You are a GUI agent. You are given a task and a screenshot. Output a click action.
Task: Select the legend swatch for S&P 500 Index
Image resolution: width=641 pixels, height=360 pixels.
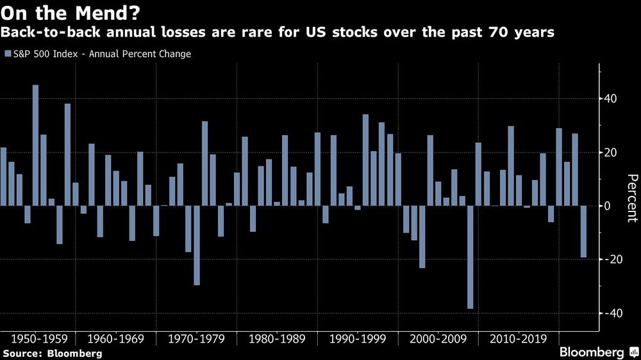(x=7, y=54)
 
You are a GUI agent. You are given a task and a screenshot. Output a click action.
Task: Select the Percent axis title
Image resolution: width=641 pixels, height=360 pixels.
(x=631, y=199)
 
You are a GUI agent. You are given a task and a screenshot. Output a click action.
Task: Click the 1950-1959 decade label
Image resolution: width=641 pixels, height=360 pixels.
(x=35, y=338)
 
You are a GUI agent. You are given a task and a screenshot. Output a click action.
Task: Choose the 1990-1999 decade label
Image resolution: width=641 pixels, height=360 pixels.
(x=358, y=338)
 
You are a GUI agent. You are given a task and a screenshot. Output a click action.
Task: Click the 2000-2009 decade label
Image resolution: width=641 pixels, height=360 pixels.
(x=438, y=338)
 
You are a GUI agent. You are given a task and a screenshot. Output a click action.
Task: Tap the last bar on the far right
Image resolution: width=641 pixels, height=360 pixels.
(x=583, y=232)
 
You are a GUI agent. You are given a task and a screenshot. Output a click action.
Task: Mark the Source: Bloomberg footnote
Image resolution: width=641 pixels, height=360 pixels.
(x=52, y=353)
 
